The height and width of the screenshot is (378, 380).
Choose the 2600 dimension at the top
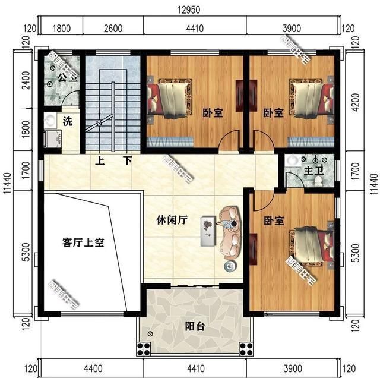click(113, 28)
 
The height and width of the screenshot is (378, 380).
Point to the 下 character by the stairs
click(127, 160)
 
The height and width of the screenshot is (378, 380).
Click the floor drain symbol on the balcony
click(151, 335)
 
